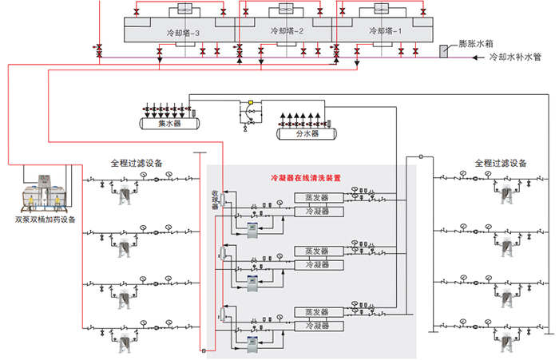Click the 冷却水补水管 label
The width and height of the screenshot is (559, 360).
pyautogui.click(x=515, y=59)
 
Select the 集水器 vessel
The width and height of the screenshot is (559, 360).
pyautogui.click(x=171, y=124)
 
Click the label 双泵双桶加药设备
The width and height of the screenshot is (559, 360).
pyautogui.click(x=45, y=220)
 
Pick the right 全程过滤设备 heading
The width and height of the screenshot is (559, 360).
pyautogui.click(x=501, y=163)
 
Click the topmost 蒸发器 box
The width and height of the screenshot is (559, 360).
pyautogui.click(x=319, y=197)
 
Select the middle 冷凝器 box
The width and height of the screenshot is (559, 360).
pyautogui.click(x=319, y=264)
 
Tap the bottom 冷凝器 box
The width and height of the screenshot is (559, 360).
pyautogui.click(x=319, y=326)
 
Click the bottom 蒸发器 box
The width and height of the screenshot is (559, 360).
pyautogui.click(x=319, y=312)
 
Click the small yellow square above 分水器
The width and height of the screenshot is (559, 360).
pyautogui.click(x=250, y=103)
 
